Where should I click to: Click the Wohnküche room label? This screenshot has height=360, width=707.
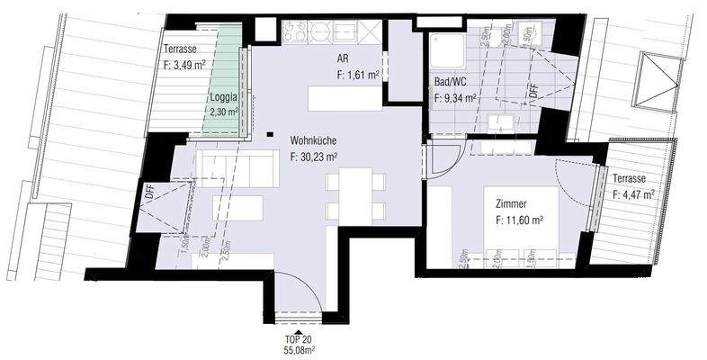(x=314, y=141)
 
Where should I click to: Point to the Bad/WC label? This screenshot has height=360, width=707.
(x=450, y=81)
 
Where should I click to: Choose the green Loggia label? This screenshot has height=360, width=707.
(x=223, y=98)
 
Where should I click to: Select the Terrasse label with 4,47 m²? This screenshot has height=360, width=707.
(x=632, y=179)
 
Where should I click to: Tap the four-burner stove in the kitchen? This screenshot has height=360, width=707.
(x=294, y=32)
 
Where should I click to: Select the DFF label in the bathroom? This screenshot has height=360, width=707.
(x=533, y=90)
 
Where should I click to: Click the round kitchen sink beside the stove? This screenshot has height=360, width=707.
(x=321, y=32)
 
